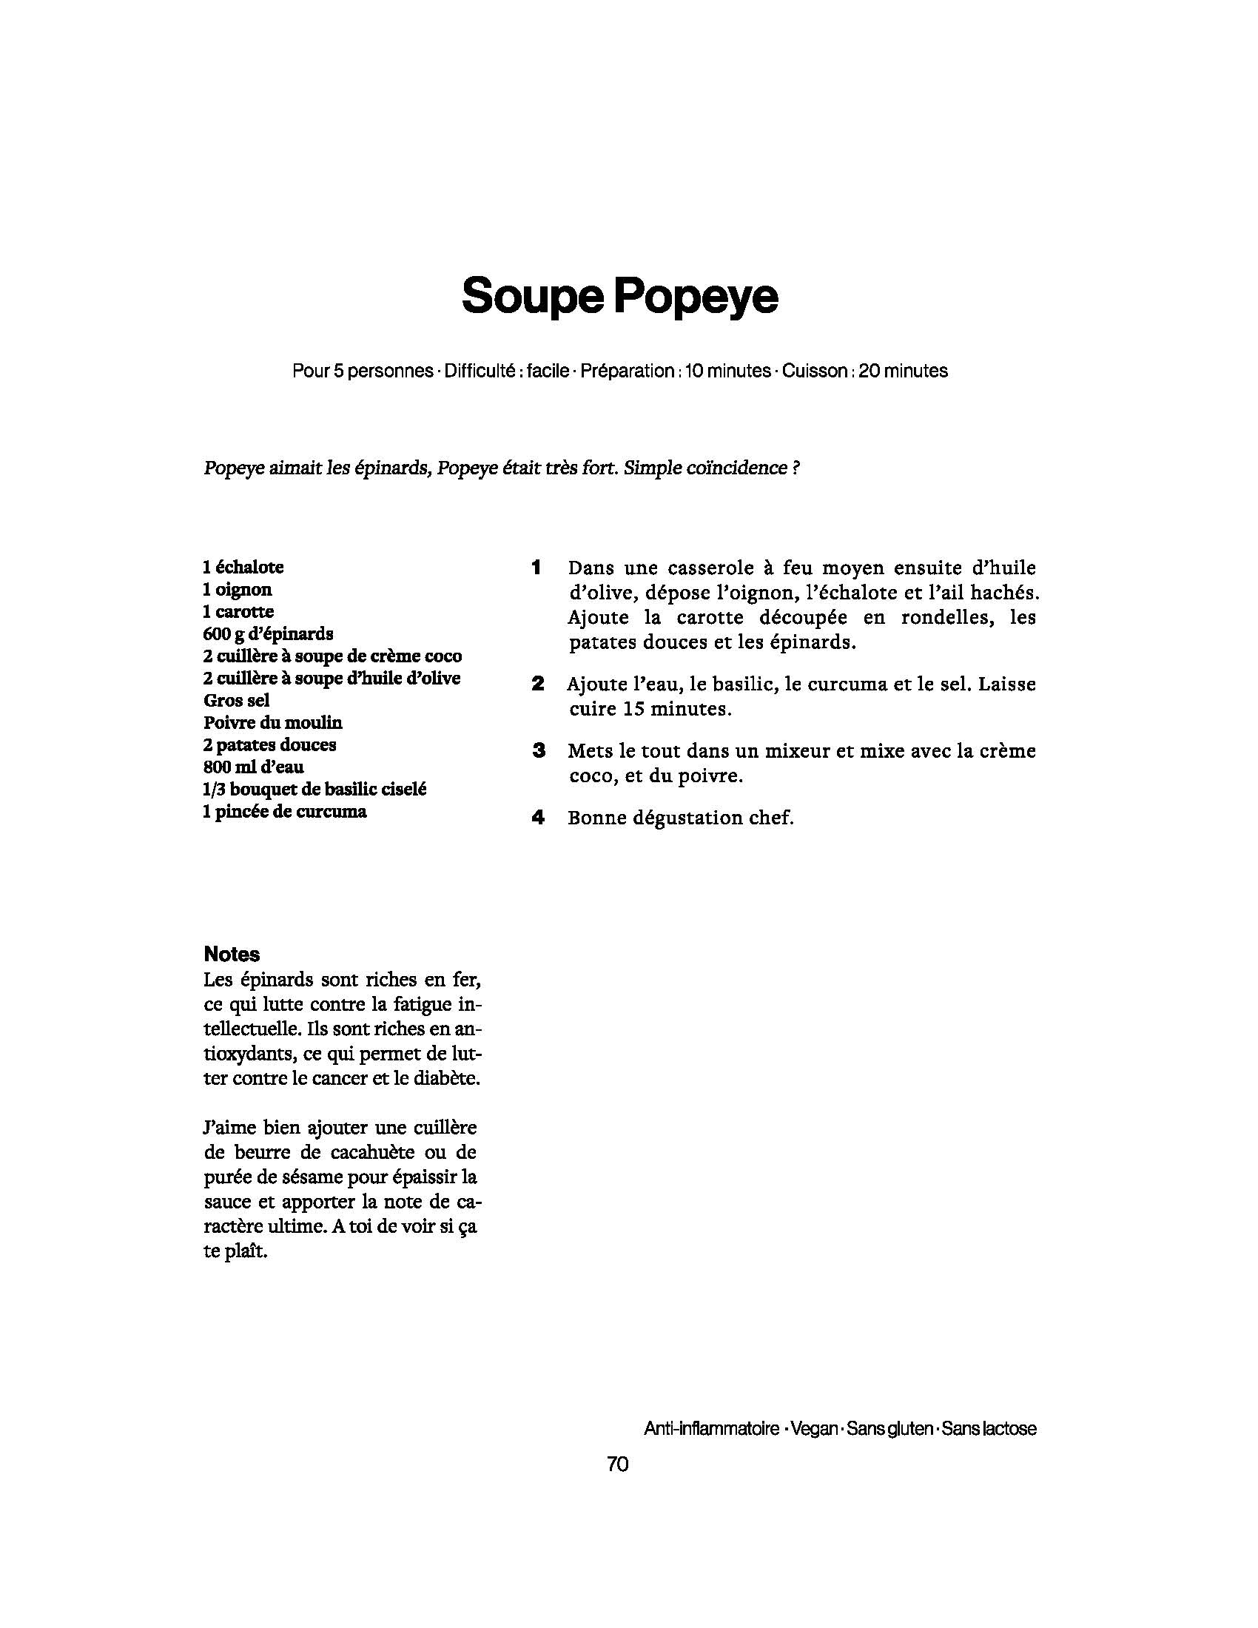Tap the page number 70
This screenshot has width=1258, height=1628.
point(618,1464)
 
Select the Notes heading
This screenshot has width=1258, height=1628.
point(232,954)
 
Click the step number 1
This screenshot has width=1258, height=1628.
point(536,568)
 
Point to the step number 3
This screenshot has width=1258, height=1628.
point(538,750)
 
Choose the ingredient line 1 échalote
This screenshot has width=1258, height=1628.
point(243,568)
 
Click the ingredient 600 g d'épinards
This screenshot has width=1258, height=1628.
point(268,633)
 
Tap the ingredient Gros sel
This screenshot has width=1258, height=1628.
point(236,700)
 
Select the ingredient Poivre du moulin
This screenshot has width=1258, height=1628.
point(273,722)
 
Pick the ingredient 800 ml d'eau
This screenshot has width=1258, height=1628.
point(253,767)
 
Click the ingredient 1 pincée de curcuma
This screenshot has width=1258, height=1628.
point(285,811)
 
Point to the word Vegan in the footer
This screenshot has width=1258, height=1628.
point(813,1429)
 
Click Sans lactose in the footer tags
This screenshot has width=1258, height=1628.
point(989,1429)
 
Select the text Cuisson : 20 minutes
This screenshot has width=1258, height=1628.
point(864,371)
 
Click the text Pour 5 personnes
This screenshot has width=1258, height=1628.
point(363,371)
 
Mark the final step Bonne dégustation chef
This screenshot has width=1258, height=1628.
point(680,818)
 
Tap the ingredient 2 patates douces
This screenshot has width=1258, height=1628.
point(269,744)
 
